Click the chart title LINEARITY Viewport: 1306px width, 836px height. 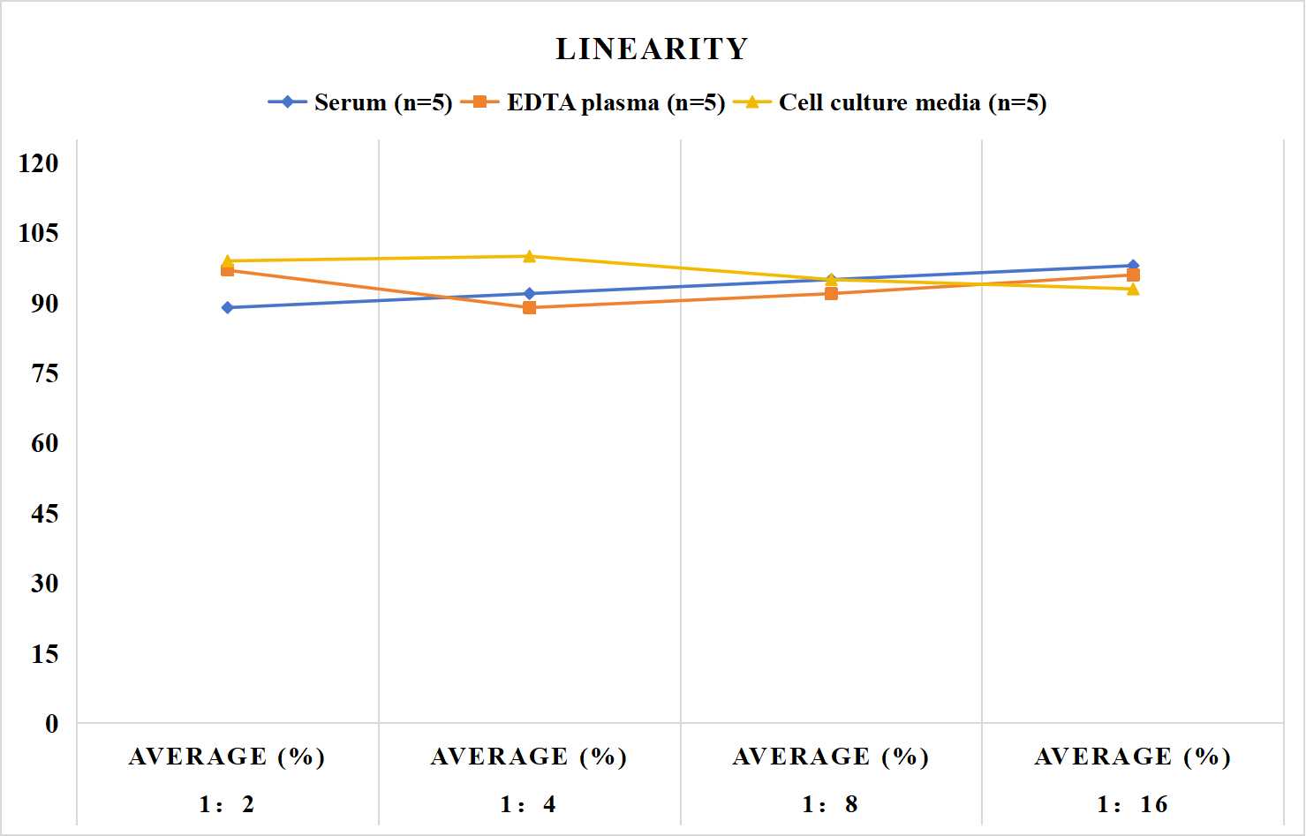click(x=652, y=49)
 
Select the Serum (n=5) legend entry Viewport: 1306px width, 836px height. click(x=360, y=102)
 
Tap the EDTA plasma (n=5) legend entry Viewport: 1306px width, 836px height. click(x=593, y=102)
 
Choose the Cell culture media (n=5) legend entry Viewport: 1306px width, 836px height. click(x=890, y=102)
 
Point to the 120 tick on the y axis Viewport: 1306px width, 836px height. click(x=39, y=162)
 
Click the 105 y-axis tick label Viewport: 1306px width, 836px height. click(x=39, y=233)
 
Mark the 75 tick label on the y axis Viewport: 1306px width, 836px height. click(x=45, y=373)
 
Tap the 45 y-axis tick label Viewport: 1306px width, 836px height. click(x=45, y=514)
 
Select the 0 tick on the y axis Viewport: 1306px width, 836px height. click(x=52, y=724)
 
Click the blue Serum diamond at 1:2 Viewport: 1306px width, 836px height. click(x=228, y=307)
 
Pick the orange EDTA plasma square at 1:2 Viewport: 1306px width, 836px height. click(x=228, y=270)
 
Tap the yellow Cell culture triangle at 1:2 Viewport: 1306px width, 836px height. click(x=228, y=260)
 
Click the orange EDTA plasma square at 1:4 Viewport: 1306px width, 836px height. click(x=530, y=307)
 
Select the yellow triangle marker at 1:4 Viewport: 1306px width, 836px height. click(x=530, y=256)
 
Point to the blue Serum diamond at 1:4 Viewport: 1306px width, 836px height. click(x=530, y=293)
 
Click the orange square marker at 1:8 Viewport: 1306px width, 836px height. click(x=832, y=293)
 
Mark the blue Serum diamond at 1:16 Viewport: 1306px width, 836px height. click(x=1133, y=265)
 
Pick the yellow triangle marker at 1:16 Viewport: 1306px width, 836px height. click(x=1133, y=289)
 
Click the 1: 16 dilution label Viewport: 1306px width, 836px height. click(x=1133, y=804)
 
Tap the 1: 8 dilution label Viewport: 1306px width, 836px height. click(x=830, y=804)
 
